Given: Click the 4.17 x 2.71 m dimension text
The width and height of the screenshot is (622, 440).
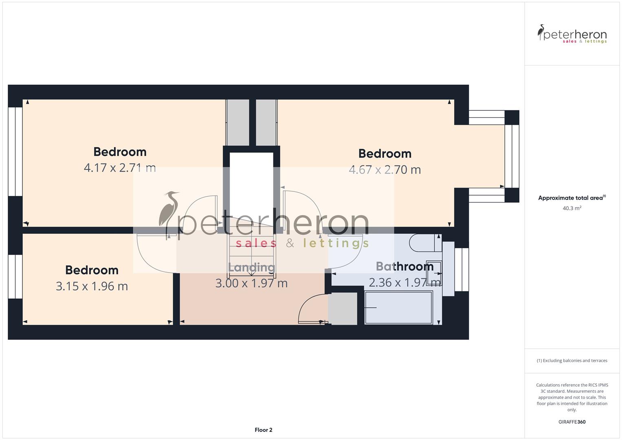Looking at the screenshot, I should click(x=120, y=167).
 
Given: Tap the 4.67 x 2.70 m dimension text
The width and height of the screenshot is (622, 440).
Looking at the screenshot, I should click(x=385, y=169).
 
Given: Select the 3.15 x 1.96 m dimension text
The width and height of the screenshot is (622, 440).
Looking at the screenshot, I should click(x=92, y=286).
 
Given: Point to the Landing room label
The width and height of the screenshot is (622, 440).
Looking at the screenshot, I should click(x=251, y=267).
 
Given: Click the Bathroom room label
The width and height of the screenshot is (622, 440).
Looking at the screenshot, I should click(x=404, y=266).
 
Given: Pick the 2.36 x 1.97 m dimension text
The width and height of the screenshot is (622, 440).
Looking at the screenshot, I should click(x=404, y=282).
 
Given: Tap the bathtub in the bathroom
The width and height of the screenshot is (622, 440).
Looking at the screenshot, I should click(x=398, y=308).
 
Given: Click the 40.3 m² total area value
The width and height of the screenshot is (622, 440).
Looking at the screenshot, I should click(x=572, y=208).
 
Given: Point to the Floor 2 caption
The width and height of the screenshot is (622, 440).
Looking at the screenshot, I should click(x=264, y=430).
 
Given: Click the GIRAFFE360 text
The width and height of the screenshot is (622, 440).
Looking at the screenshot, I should click(x=572, y=422).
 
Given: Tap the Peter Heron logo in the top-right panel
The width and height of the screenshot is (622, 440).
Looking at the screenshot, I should click(x=572, y=34).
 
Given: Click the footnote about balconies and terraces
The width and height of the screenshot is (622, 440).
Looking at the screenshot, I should click(x=572, y=361).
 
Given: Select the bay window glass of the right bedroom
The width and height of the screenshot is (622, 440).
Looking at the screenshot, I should click(x=512, y=156).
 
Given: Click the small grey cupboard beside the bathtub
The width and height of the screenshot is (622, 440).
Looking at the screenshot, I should click(x=343, y=308).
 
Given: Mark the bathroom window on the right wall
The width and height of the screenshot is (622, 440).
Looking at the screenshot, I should click(x=462, y=269).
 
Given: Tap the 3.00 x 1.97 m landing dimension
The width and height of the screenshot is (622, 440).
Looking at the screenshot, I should click(x=251, y=283).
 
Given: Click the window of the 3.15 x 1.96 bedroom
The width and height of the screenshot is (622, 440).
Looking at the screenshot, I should click(x=15, y=277).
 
